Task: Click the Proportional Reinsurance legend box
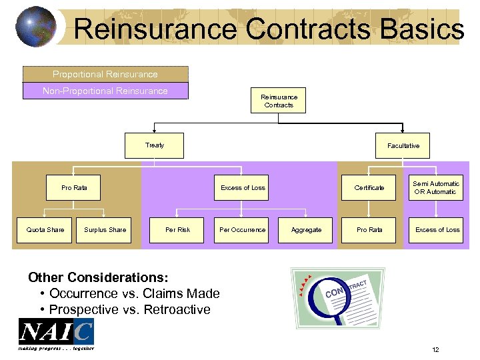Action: (105, 74)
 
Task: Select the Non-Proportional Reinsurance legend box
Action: (105, 91)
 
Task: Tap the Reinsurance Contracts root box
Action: (279, 101)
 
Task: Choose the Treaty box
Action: (154, 145)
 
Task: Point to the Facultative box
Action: (403, 145)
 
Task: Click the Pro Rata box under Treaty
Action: (75, 188)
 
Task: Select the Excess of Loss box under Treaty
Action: (243, 188)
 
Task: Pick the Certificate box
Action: (369, 188)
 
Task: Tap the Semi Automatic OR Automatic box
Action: (435, 188)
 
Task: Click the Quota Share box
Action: (45, 230)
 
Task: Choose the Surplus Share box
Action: (105, 230)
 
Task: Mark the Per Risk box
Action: (178, 230)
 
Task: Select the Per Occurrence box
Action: (243, 230)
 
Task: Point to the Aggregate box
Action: (307, 230)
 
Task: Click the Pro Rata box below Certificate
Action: (369, 230)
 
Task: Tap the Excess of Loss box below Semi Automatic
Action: (437, 230)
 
